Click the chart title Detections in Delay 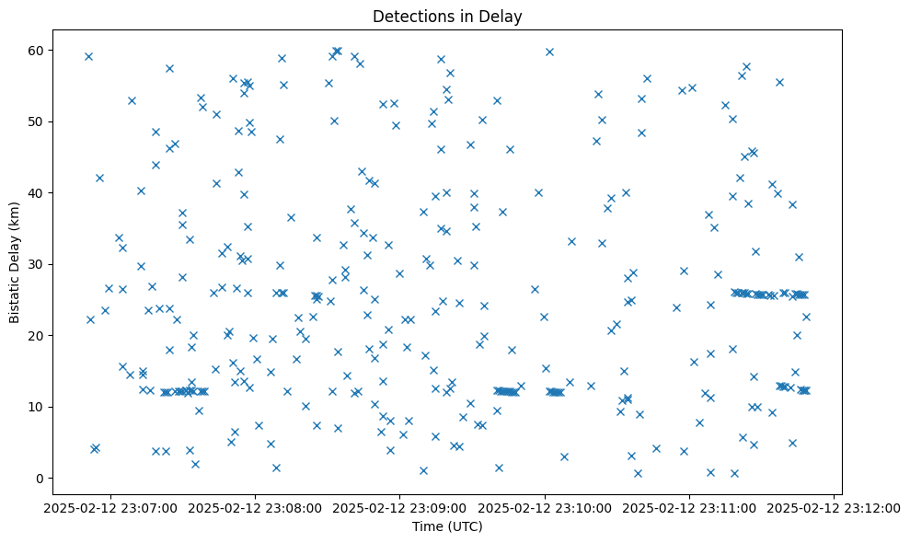click(x=447, y=17)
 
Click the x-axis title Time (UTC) click(x=447, y=526)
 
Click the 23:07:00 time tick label click(x=109, y=506)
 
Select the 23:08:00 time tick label click(x=255, y=506)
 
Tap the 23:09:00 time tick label click(x=399, y=506)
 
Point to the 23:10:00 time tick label click(x=545, y=506)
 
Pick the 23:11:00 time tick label click(x=689, y=506)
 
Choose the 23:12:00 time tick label click(x=835, y=506)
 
